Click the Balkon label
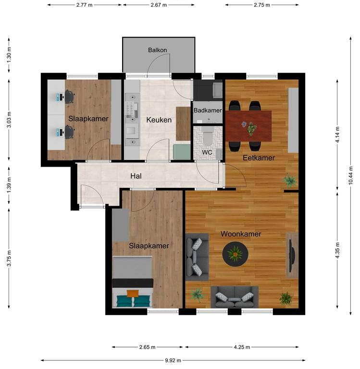[x=158, y=50]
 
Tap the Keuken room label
[x=159, y=120]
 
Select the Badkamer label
[x=208, y=111]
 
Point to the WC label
[x=207, y=152]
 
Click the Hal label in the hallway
[x=136, y=176]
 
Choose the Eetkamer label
[x=259, y=158]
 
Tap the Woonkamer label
[x=241, y=234]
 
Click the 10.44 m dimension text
[x=351, y=175]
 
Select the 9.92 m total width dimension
[x=173, y=360]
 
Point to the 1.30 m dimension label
[x=9, y=55]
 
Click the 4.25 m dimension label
[x=242, y=347]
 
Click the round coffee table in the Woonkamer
[x=235, y=254]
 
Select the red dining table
[x=248, y=126]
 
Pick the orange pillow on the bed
[x=133, y=294]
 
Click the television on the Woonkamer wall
[x=292, y=255]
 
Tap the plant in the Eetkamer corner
[x=290, y=181]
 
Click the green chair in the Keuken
[x=182, y=151]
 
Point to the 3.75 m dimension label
[x=9, y=258]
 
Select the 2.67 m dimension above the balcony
[x=159, y=5]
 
